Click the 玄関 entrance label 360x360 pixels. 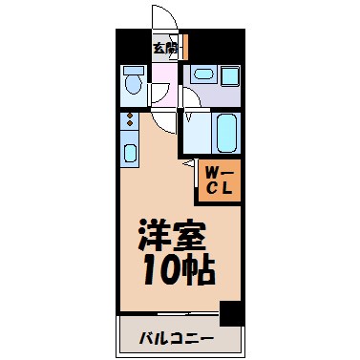point(165,46)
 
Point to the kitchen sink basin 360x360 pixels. point(129,149)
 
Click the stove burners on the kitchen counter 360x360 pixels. point(129,121)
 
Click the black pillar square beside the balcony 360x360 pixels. point(230,312)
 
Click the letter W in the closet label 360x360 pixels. point(212,172)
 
